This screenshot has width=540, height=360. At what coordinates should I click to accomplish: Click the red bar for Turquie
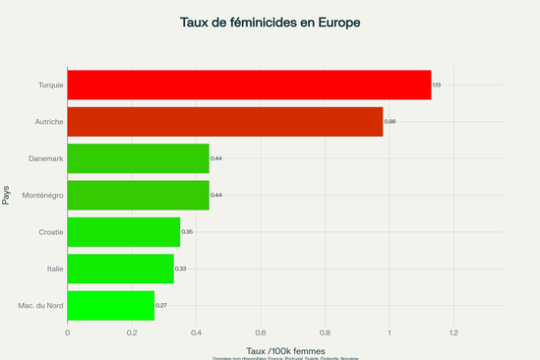click(x=249, y=85)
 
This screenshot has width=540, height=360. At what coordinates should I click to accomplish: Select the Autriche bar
click(x=224, y=121)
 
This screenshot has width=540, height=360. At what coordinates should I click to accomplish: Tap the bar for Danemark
click(x=138, y=158)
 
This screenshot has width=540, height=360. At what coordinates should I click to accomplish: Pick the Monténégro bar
click(x=138, y=195)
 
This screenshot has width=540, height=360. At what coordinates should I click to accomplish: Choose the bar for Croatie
click(x=123, y=232)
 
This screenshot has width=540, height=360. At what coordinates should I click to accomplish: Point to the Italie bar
click(x=120, y=269)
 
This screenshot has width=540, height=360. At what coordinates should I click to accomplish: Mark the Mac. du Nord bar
click(x=110, y=305)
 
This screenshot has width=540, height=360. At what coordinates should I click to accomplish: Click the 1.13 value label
click(x=437, y=86)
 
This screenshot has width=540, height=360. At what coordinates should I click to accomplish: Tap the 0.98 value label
click(x=390, y=122)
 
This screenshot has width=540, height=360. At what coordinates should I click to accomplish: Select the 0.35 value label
click(x=187, y=232)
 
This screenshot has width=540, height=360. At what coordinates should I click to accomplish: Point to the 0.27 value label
click(x=161, y=306)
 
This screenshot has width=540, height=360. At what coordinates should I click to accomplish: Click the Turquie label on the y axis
click(x=50, y=85)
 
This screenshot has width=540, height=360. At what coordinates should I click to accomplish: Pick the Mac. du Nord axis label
click(x=41, y=305)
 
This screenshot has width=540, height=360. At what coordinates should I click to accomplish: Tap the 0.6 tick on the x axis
click(x=261, y=332)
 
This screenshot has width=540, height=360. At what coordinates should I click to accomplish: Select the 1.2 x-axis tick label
click(x=453, y=332)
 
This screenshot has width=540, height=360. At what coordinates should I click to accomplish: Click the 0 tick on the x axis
click(x=67, y=332)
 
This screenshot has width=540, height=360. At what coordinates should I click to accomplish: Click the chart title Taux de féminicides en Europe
click(x=270, y=22)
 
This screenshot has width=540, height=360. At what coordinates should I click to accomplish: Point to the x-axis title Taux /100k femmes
click(x=270, y=350)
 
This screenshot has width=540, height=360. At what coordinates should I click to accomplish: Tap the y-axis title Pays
click(x=7, y=195)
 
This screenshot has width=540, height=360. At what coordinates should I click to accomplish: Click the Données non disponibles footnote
click(x=285, y=358)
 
